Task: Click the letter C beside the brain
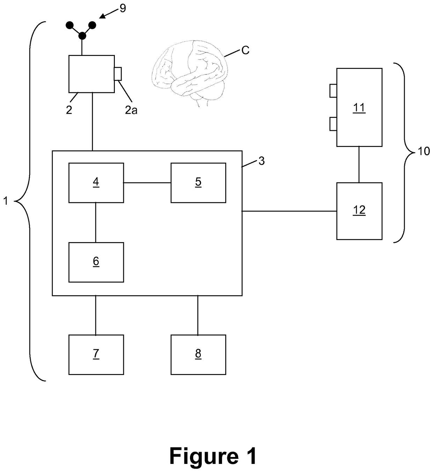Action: (x=245, y=50)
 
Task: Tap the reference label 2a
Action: (x=131, y=110)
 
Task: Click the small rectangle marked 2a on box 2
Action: (x=118, y=74)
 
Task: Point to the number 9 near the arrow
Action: (x=123, y=8)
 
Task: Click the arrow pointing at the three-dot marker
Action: (x=109, y=13)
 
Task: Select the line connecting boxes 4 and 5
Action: (x=147, y=183)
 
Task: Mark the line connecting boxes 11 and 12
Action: (x=359, y=165)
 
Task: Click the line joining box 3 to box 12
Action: (x=289, y=211)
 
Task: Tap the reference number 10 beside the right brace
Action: (x=424, y=151)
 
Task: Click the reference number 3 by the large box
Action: (x=261, y=161)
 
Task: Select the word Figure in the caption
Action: (x=204, y=456)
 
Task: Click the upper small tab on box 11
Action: (x=333, y=91)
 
